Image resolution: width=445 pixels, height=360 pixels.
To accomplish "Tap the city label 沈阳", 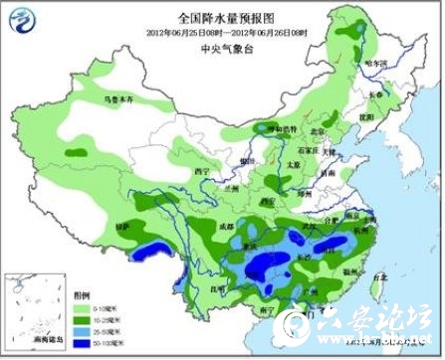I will pos(366,115).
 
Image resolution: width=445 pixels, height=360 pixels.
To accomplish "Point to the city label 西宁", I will pos(203,171).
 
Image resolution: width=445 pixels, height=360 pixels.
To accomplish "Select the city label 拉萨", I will pos(122,228).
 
